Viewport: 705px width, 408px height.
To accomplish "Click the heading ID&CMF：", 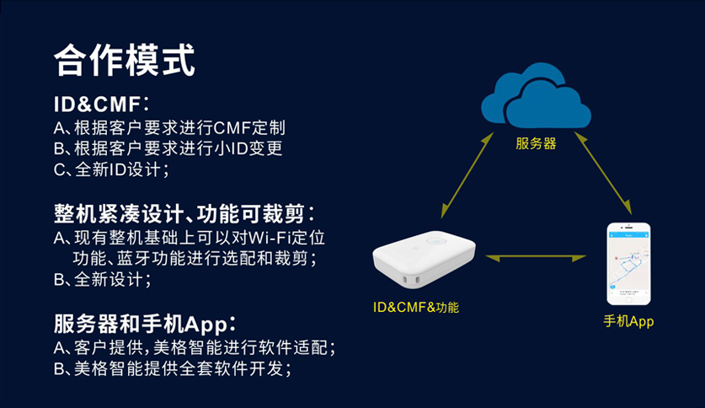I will [101, 105].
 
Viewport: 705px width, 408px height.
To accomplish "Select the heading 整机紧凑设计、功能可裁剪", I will [184, 212].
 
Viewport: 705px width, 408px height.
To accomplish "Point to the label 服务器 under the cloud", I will [536, 144].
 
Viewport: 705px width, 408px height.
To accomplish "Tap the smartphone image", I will [630, 263].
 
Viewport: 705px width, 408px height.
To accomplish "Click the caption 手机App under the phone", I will [628, 322].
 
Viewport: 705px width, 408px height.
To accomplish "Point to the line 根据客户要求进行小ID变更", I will [177, 150].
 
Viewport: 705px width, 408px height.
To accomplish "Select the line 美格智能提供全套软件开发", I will [181, 369].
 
